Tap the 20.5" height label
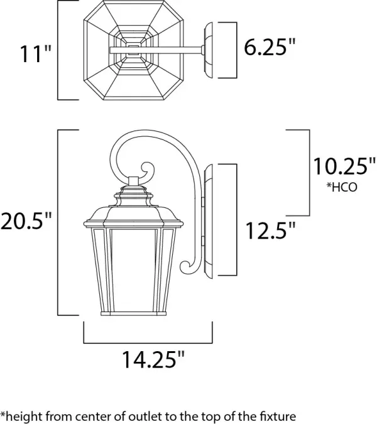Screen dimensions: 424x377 point(26,222)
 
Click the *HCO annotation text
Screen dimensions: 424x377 point(341,187)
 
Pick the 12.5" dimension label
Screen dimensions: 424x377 point(270,231)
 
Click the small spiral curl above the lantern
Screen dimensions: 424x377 point(146,171)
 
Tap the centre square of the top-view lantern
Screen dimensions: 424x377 point(133,50)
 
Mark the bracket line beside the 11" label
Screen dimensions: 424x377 point(58,50)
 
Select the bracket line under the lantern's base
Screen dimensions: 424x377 point(148,342)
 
